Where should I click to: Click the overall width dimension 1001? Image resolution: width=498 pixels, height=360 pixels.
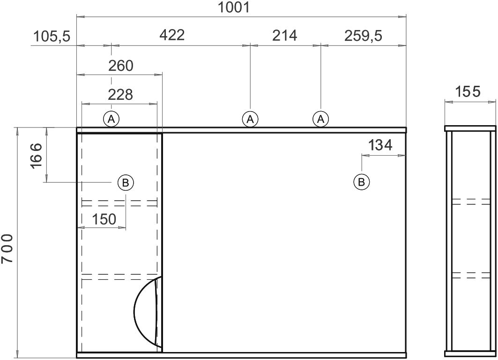[x=234, y=7]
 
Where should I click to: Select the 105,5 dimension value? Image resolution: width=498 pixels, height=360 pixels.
[x=52, y=36]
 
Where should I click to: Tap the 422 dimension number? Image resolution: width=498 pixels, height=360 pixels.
[x=172, y=35]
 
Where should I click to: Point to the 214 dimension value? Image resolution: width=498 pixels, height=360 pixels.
[x=284, y=35]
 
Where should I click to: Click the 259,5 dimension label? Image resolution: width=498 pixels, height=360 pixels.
[x=364, y=36]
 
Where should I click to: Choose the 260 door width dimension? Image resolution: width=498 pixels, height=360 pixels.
[x=121, y=66]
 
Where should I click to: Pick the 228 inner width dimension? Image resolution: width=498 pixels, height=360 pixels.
[x=120, y=94]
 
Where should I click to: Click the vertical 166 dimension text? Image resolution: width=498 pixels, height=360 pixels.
[x=36, y=156]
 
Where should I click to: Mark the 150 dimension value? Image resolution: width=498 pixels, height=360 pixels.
[x=104, y=219]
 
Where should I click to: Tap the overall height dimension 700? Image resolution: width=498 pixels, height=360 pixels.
[x=7, y=248]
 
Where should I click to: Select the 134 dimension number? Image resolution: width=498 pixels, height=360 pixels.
[x=380, y=145]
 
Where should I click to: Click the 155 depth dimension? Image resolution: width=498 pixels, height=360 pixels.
[x=468, y=92]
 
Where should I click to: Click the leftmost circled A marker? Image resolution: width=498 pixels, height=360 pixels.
[x=111, y=119]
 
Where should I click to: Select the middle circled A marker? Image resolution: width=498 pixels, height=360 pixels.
[x=250, y=119]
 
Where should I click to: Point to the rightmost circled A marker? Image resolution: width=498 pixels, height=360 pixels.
[x=321, y=119]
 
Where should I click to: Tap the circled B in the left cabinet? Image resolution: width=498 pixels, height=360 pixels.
[x=126, y=183]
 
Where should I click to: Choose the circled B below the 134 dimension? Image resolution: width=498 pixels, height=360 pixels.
[x=361, y=182]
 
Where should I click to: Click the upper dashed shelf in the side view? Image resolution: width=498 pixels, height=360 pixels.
[x=471, y=202]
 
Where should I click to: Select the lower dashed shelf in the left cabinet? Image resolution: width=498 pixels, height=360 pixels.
[x=120, y=277]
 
